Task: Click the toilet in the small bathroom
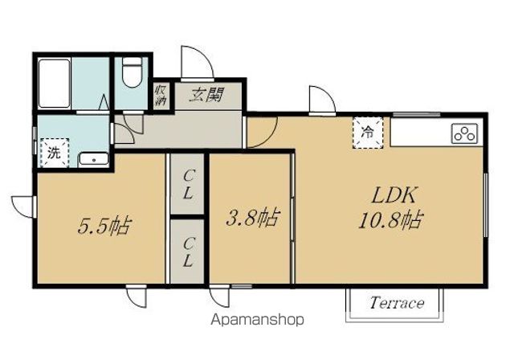pos(132,73)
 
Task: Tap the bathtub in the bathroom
pos(55,84)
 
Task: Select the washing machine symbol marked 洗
pos(55,153)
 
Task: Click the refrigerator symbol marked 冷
pos(368,133)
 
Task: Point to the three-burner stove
pos(464,133)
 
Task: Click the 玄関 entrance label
pos(206,95)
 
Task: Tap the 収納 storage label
pos(161,95)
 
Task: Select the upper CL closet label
pos(188,186)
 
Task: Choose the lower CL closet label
pos(188,252)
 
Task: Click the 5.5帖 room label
pos(104,225)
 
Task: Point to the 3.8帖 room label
pos(253,218)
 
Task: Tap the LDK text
pos(394,195)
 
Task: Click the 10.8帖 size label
pos(391,219)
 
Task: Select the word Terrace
pos(397,303)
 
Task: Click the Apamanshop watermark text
pos(257,319)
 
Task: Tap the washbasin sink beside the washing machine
pos(94,159)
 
